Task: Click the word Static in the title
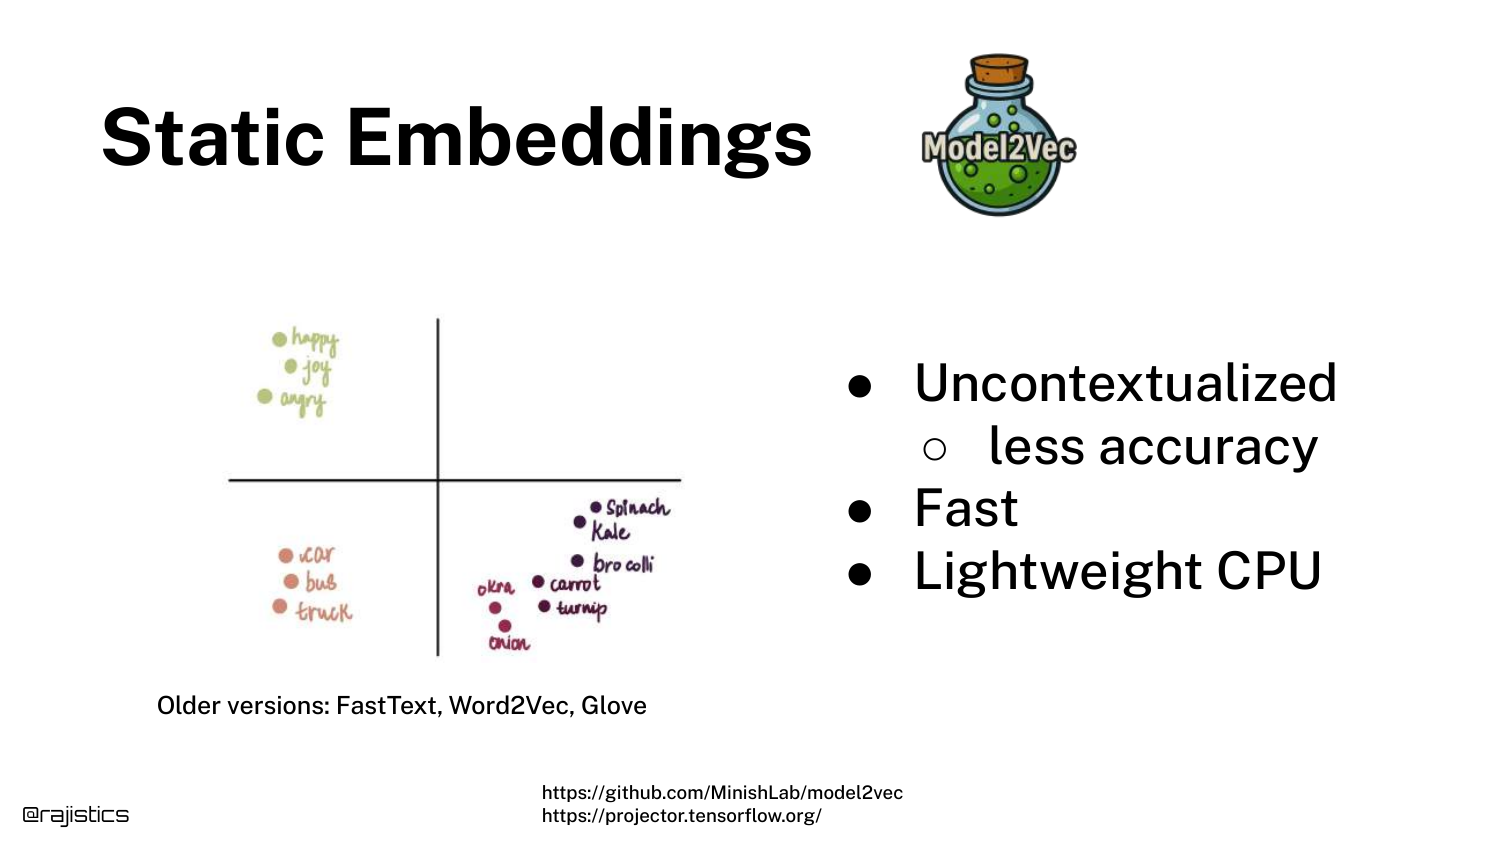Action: coord(213,138)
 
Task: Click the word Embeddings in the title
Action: coord(579,141)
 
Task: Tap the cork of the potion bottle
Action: coord(999,70)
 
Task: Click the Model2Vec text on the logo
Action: coord(998,148)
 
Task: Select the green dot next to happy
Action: coord(279,339)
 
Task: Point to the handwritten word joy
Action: coord(316,370)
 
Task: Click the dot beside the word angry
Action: coord(265,397)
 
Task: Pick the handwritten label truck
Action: coord(324,610)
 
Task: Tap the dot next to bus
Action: coord(291,581)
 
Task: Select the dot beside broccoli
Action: coord(577,561)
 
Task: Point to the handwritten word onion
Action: coord(509,643)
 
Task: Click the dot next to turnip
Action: coord(544,606)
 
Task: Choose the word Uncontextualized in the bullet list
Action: coord(1126,383)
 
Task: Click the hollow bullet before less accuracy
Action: coord(934,449)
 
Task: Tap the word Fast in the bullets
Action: coord(966,508)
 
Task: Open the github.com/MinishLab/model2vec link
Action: coord(722,792)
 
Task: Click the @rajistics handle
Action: coord(76,815)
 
